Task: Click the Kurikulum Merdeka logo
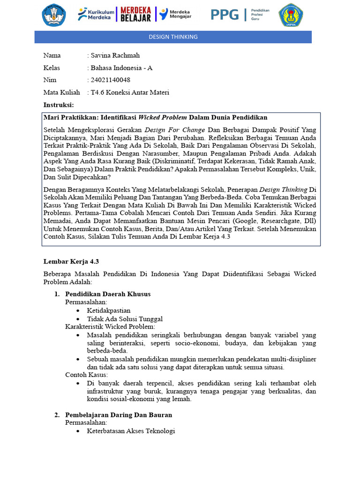(x=96, y=15)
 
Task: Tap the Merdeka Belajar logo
(x=136, y=15)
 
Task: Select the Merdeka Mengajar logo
(x=177, y=15)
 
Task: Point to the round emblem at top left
(x=54, y=15)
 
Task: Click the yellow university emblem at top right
(x=291, y=15)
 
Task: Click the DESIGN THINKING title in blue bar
(x=173, y=37)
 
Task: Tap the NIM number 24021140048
(x=110, y=80)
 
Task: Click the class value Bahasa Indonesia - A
(x=121, y=68)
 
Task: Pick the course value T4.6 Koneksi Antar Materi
(x=130, y=92)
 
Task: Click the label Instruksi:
(x=59, y=105)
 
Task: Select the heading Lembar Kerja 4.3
(x=71, y=262)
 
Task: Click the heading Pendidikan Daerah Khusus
(x=108, y=294)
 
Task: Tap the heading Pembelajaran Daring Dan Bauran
(x=119, y=415)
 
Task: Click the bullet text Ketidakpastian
(x=109, y=310)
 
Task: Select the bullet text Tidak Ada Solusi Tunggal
(x=125, y=319)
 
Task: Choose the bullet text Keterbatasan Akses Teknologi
(x=131, y=431)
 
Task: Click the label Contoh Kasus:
(x=86, y=375)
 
